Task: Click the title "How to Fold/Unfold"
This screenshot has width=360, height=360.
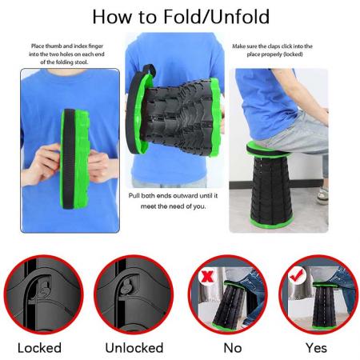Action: tap(179, 17)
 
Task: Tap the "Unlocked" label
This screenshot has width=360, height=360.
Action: tap(134, 347)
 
